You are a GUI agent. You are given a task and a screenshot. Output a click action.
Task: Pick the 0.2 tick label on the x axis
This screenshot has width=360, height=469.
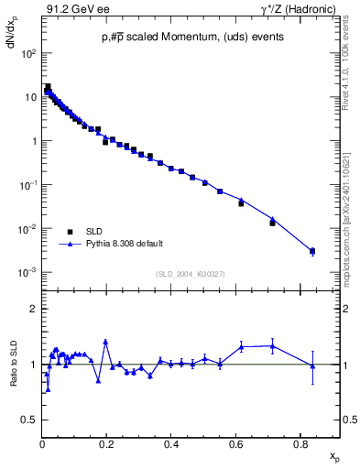106,444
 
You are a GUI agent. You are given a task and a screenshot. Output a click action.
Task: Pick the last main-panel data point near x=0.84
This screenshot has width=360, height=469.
312,251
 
